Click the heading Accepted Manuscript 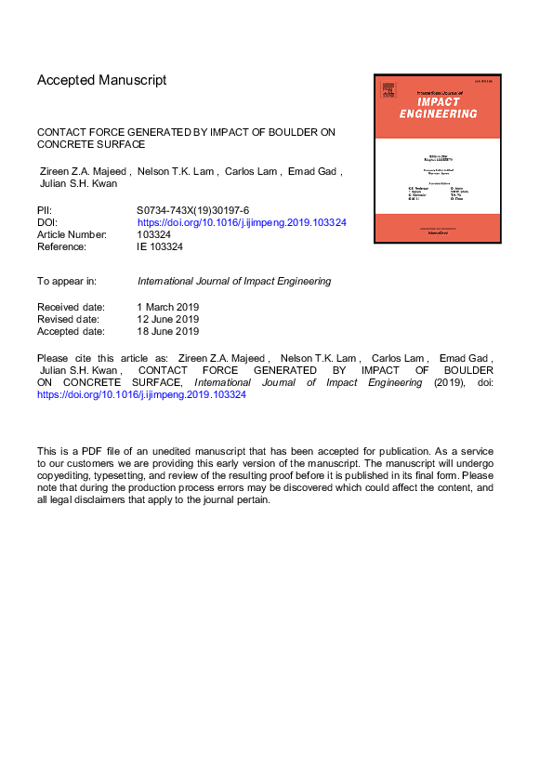[102, 80]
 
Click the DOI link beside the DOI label [242, 223]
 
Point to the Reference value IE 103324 [163, 247]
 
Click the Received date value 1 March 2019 [168, 307]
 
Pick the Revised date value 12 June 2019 [167, 319]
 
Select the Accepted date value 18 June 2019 [167, 331]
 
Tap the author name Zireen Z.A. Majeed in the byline [84, 171]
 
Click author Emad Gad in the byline [314, 171]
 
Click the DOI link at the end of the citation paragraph [140, 394]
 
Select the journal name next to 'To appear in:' [233, 281]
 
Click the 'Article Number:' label [74, 235]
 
